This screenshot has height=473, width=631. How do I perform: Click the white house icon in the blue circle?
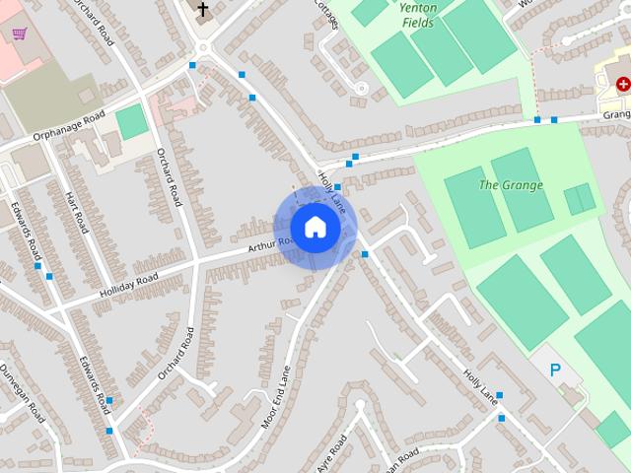click(315, 227)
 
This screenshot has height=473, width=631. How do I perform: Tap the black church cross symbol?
click(203, 11)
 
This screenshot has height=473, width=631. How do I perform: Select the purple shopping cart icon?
click(19, 34)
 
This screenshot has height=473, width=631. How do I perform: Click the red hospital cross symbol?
click(623, 85)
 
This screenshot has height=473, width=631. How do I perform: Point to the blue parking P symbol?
click(555, 371)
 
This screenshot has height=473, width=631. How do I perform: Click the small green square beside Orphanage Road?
click(131, 122)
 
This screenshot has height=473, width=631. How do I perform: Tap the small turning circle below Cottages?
click(361, 89)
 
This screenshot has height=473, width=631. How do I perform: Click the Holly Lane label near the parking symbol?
click(479, 385)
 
